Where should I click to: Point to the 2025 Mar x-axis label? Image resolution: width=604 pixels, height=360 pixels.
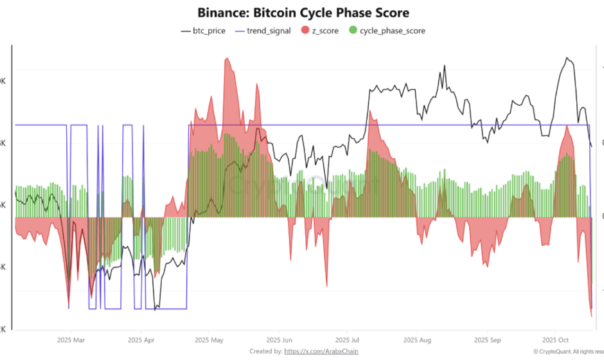71,339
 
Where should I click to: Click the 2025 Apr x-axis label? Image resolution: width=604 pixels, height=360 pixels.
141,339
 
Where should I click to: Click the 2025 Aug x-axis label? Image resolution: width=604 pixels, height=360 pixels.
417,339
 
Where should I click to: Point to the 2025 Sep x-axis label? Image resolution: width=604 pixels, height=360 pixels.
487,339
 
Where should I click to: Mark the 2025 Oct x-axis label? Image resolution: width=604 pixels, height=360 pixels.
555,339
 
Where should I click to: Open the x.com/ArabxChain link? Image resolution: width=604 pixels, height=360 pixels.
321,351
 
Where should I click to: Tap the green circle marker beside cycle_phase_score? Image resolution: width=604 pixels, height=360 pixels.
352,30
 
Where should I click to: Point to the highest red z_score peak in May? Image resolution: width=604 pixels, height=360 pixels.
226,59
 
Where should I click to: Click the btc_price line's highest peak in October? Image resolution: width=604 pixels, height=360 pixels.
566,58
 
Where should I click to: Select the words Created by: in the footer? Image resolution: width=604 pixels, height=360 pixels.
265,351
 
